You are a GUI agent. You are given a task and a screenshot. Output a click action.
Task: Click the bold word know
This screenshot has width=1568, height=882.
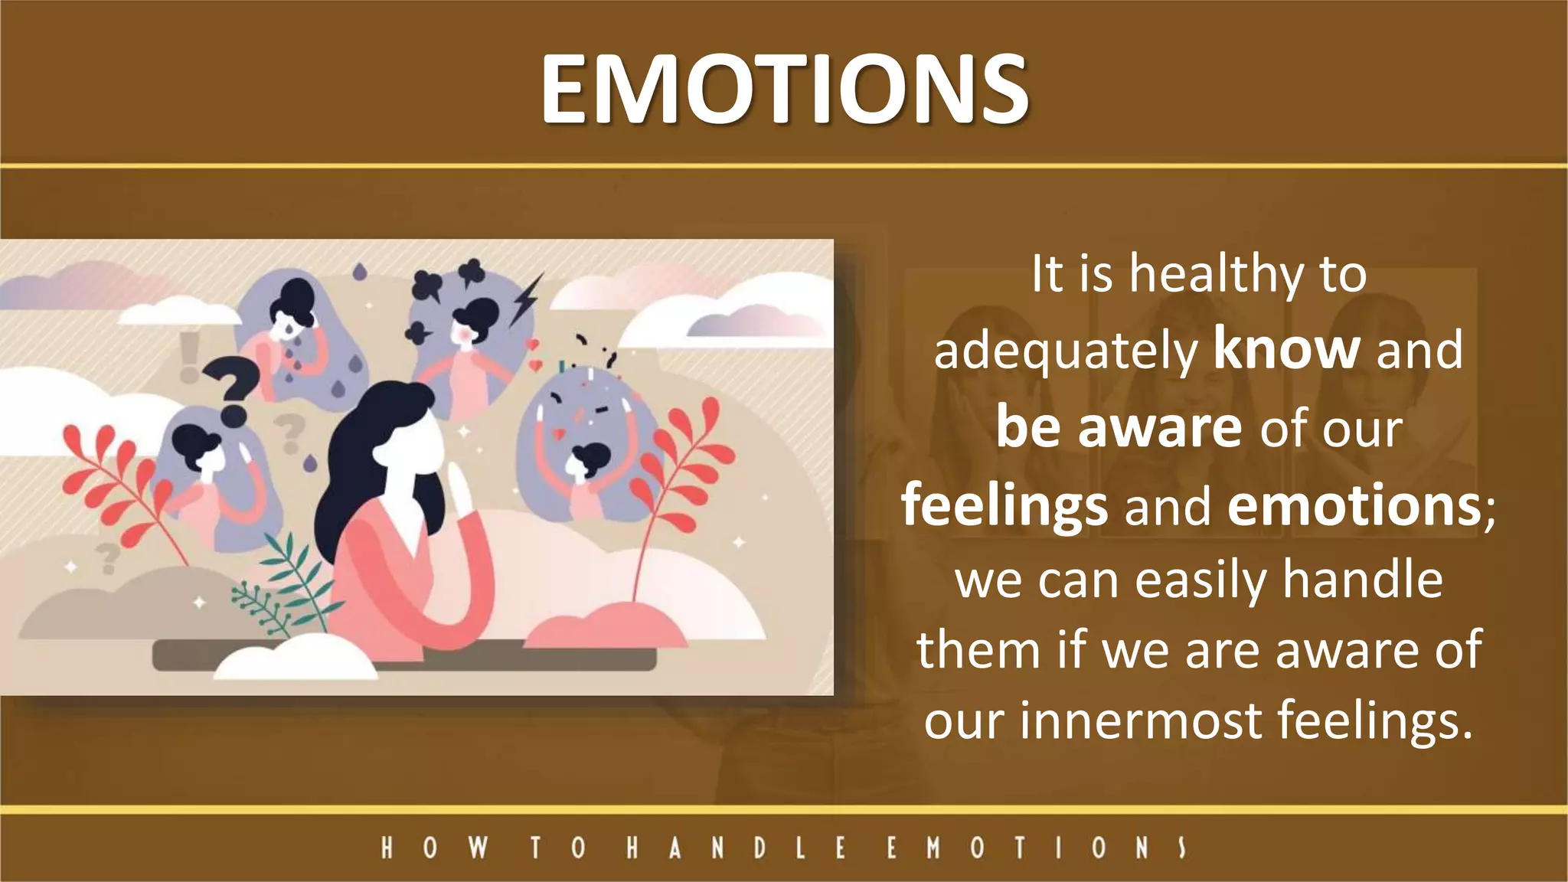[1286, 349]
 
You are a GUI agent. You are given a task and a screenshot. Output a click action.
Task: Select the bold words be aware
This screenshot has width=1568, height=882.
[1118, 427]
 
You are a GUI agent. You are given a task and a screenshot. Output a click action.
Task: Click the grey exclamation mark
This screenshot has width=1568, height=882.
[188, 357]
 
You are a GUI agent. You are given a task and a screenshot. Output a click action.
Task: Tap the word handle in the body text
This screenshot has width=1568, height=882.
[1362, 580]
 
